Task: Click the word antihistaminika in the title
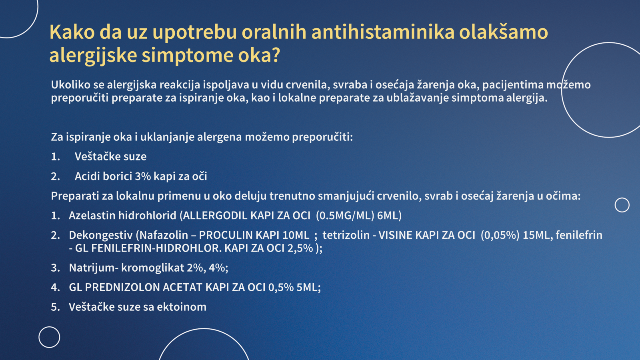pos(383,32)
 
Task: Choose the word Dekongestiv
pos(101,235)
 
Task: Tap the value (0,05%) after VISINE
pos(500,235)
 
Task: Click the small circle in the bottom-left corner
pos(50,327)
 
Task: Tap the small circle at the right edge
pos(622,198)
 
